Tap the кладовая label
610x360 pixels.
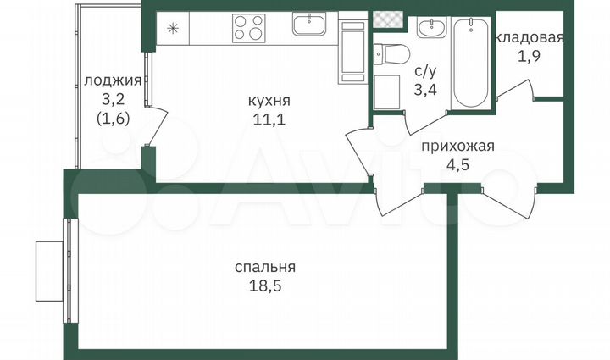pos(530,37)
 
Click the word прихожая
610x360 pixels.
pos(457,146)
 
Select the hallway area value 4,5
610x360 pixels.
pos(457,163)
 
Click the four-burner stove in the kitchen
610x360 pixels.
pos(249,28)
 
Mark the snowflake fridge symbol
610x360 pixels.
pos(173,28)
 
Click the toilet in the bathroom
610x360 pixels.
pos(391,55)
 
